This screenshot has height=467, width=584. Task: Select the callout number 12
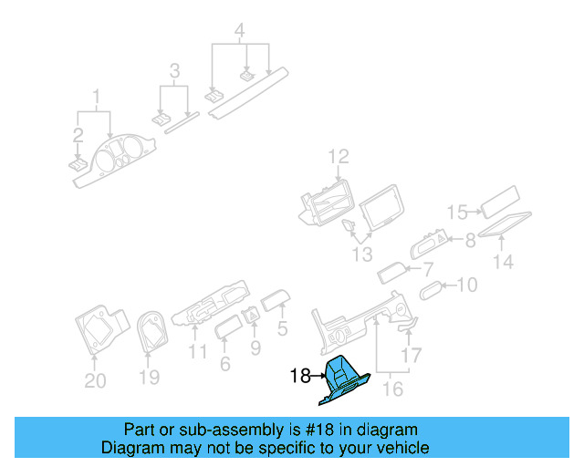tap(339, 157)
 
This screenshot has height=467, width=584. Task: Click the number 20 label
tap(95, 380)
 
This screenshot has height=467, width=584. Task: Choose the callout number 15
tap(458, 213)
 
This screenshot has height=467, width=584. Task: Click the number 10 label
tap(466, 285)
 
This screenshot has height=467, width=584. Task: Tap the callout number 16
tap(391, 389)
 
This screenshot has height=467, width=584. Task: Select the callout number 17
tap(413, 355)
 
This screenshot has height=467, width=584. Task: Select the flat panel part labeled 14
tap(505, 224)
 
